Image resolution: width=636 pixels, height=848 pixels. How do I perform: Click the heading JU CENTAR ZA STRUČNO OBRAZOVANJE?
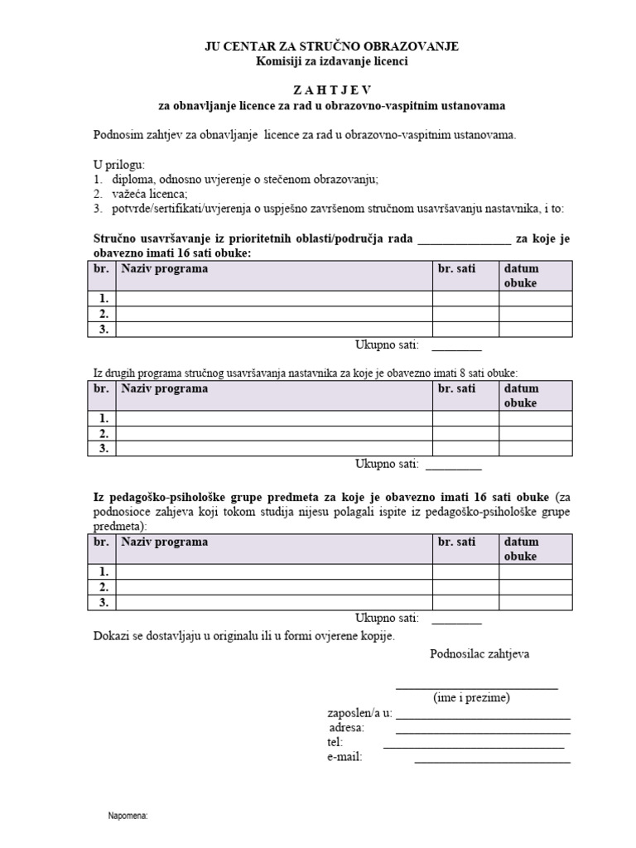331,46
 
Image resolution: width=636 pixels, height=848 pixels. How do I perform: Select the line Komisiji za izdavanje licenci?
331,61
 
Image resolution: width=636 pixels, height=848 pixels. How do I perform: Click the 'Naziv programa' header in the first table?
165,268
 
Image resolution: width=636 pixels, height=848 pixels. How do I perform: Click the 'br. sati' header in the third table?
457,542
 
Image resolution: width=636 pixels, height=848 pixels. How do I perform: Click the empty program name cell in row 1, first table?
274,299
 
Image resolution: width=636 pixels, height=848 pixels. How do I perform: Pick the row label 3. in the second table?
104,448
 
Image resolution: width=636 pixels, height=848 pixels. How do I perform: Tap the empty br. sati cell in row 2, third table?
465,587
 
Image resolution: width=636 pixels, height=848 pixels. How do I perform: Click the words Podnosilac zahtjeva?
480,653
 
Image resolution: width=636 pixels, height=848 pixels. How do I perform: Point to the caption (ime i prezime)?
471,698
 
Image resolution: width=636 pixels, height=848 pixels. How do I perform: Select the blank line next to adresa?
483,731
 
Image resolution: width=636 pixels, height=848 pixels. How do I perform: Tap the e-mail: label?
344,757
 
